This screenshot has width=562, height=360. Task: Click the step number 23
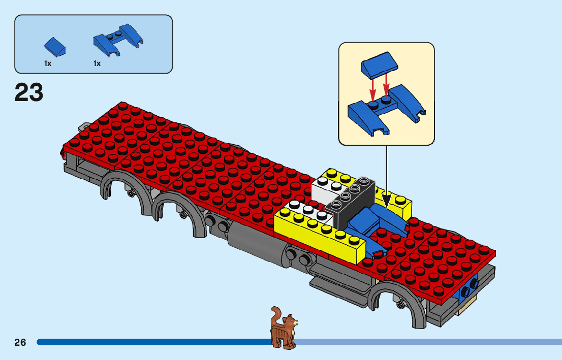29,93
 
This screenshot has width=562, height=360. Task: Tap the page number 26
20,342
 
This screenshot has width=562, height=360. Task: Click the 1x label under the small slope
48,63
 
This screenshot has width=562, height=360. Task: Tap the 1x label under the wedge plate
97,63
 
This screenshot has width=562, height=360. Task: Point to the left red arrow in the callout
372,88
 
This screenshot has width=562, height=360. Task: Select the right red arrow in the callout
387,85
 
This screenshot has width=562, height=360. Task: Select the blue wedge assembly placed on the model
379,223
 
